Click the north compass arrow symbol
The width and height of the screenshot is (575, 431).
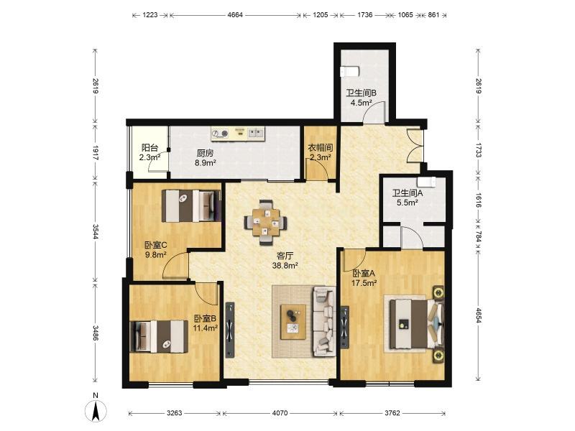pyautogui.click(x=96, y=410)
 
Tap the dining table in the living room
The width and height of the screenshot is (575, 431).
pyautogui.click(x=266, y=222)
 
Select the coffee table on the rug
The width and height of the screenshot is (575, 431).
pyautogui.click(x=293, y=322)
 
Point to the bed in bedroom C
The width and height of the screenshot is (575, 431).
pyautogui.click(x=191, y=205)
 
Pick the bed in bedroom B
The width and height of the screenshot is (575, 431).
pyautogui.click(x=159, y=336)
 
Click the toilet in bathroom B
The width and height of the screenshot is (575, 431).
pyautogui.click(x=349, y=71)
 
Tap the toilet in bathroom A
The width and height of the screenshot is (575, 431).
pyautogui.click(x=426, y=182)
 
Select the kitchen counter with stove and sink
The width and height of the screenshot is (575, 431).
pyautogui.click(x=238, y=133)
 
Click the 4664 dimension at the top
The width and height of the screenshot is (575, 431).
pyautogui.click(x=235, y=15)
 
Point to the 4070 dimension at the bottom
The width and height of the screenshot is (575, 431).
pyautogui.click(x=280, y=413)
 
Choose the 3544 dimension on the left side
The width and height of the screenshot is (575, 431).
pyautogui.click(x=96, y=231)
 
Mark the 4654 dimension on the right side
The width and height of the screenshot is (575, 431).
pyautogui.click(x=479, y=315)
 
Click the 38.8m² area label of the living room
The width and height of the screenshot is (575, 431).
pyautogui.click(x=285, y=265)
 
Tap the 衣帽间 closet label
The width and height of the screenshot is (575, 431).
pyautogui.click(x=320, y=148)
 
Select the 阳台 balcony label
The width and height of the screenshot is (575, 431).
pyautogui.click(x=150, y=148)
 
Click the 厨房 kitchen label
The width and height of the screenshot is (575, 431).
pyautogui.click(x=205, y=153)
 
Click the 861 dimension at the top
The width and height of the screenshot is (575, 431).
pyautogui.click(x=433, y=15)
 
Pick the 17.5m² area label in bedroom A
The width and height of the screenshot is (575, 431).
pyautogui.click(x=364, y=283)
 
